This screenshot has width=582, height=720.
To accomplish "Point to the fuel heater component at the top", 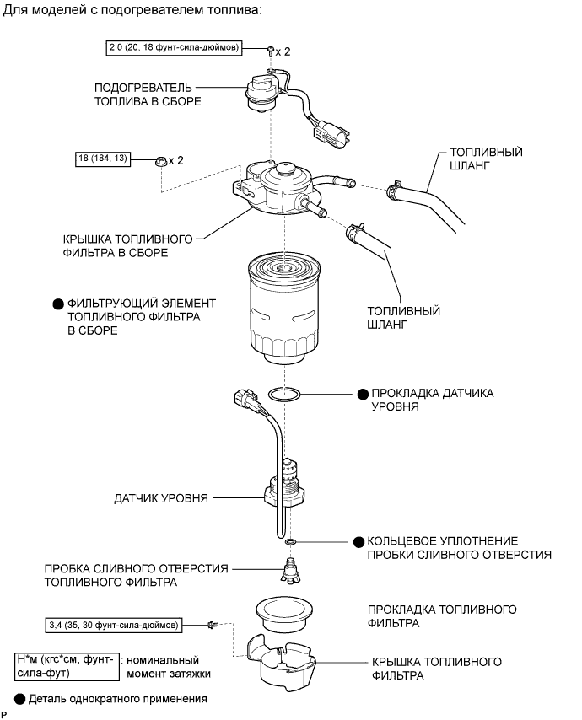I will (x=261, y=91).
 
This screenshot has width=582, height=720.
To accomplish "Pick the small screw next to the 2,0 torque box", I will (x=269, y=51).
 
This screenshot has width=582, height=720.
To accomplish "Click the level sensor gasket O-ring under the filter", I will (x=285, y=393).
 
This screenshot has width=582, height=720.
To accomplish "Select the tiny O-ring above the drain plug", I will (x=291, y=540).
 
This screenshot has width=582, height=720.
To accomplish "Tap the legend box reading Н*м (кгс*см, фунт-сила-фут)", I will (x=65, y=666).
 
